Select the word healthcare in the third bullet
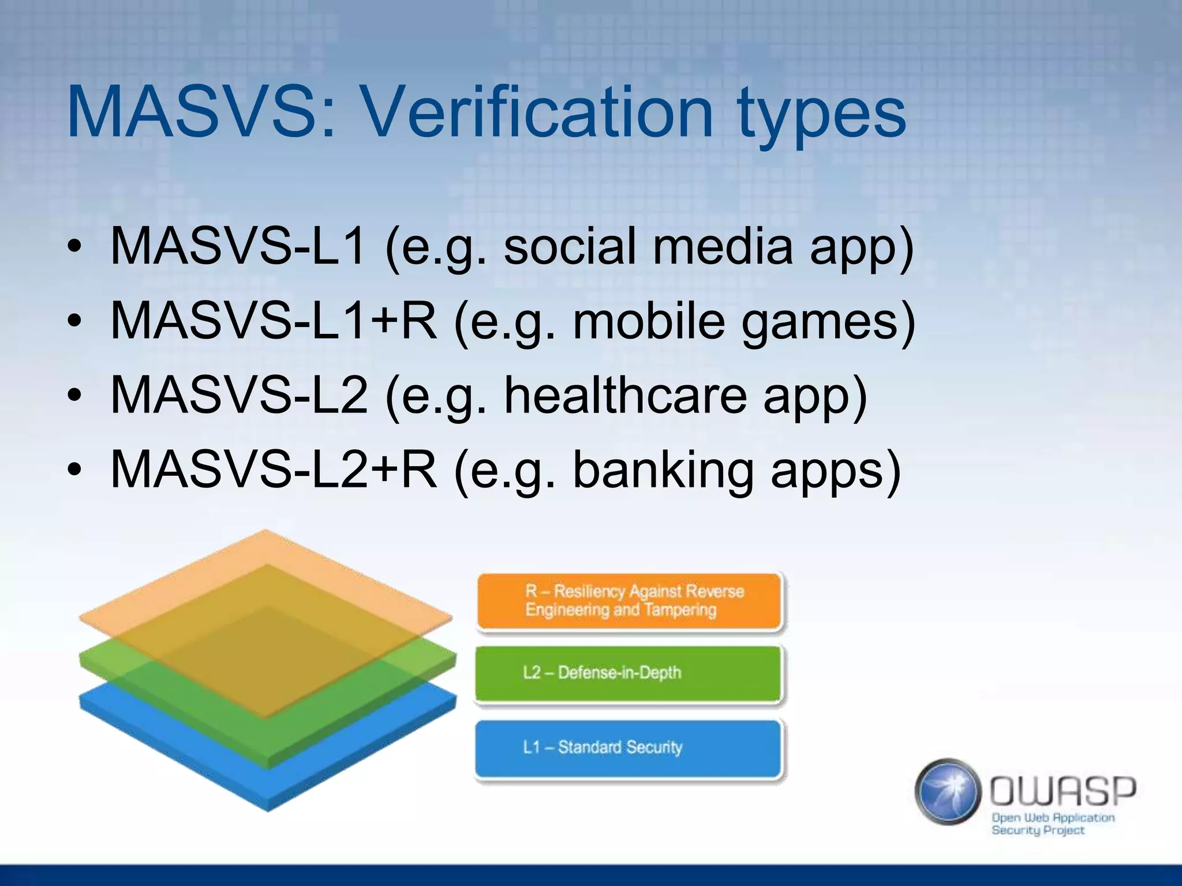pos(626,395)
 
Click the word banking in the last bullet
pos(663,470)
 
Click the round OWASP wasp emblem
pos(948,791)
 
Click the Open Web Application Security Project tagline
pos(1052,824)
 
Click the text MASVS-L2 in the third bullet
pos(239,395)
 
